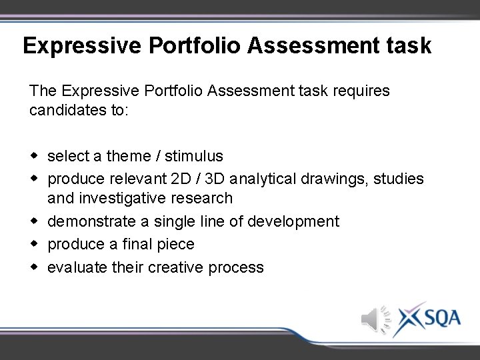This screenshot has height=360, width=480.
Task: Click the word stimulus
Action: [194, 156]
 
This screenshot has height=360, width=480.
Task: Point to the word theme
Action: [129, 156]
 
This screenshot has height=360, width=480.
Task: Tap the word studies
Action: [399, 179]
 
